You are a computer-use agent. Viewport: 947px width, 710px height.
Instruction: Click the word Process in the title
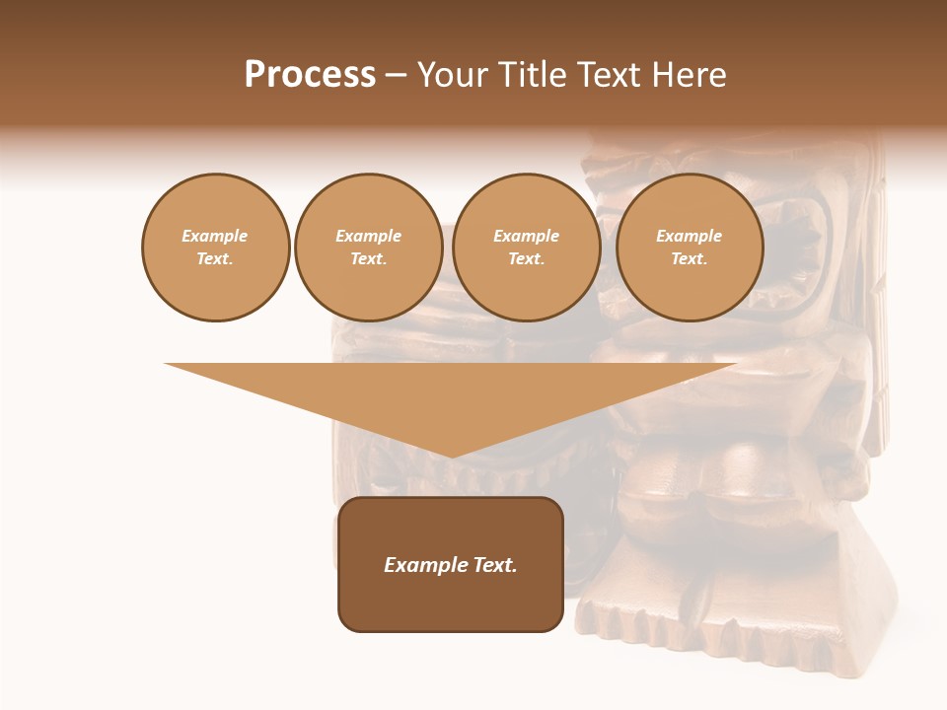click(310, 75)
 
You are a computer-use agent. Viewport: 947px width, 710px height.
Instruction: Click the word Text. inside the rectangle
click(494, 565)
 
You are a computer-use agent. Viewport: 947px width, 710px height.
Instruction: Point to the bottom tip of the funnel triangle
click(451, 455)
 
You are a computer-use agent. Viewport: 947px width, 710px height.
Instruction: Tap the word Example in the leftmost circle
click(215, 236)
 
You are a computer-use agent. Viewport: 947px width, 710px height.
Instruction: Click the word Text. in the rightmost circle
click(689, 258)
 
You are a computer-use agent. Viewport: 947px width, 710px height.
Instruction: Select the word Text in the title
click(610, 75)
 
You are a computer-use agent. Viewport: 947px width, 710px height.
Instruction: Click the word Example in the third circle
click(526, 236)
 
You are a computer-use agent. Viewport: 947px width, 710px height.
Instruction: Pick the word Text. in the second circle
click(368, 258)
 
